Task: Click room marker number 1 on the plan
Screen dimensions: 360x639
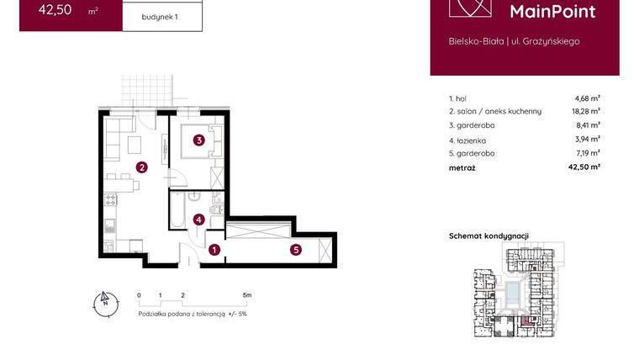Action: [x=214, y=250]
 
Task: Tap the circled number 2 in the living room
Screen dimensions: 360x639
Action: [x=143, y=167]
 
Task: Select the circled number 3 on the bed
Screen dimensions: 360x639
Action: [x=198, y=140]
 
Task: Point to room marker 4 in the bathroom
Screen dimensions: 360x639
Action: [x=198, y=220]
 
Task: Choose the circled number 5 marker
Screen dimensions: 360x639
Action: [x=296, y=250]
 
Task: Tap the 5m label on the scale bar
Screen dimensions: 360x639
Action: [x=246, y=296]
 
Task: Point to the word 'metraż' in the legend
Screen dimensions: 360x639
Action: [x=462, y=168]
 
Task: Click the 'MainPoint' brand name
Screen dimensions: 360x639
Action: [x=552, y=12]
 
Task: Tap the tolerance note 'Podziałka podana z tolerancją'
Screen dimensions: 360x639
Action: [x=182, y=313]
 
